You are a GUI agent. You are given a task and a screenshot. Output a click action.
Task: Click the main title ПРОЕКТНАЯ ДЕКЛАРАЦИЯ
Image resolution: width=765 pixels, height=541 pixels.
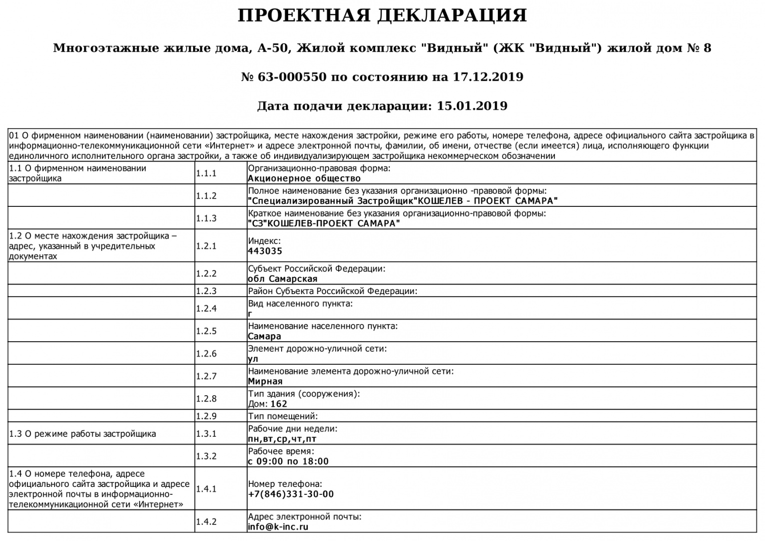coord(382,16)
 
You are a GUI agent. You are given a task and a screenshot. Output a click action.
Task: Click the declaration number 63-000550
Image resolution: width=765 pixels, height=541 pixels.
coord(292,77)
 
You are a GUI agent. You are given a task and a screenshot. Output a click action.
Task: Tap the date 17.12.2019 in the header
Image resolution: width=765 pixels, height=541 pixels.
coord(488,77)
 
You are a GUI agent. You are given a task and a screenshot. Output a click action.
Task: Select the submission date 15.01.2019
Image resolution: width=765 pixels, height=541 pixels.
coord(472,106)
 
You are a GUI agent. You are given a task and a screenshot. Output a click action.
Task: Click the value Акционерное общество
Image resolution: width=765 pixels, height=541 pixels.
coord(304,178)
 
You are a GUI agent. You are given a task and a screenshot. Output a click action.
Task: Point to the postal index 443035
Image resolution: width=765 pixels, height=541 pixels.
coord(265,251)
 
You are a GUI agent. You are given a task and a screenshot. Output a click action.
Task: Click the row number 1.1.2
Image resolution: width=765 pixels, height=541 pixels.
coord(206,196)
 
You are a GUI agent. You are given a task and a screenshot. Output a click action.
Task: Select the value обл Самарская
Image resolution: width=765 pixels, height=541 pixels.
coord(283,279)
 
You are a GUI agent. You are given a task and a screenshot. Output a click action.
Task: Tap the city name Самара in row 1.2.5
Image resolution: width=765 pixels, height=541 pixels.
coord(265,337)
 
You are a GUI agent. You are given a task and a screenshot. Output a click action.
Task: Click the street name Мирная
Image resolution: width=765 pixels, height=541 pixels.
coord(265,382)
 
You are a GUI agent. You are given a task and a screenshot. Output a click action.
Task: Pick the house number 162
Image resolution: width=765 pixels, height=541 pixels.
coord(279,404)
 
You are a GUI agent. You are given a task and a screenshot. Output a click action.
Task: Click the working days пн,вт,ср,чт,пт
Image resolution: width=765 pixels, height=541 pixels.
coord(282,439)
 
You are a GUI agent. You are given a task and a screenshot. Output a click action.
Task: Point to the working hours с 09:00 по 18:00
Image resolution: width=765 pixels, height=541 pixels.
coord(288,461)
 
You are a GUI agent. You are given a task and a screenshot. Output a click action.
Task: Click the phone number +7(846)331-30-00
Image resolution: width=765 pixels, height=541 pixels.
coord(291,494)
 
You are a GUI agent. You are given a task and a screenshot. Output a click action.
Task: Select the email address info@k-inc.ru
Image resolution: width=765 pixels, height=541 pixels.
coord(278,527)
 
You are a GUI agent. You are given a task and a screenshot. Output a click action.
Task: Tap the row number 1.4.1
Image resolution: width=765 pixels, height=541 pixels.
coord(206,489)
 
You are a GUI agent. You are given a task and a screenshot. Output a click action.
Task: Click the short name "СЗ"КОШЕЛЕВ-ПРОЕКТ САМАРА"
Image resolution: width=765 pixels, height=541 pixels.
coord(324,223)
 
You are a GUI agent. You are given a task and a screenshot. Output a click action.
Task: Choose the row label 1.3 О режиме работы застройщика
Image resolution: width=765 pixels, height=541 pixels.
coord(83,434)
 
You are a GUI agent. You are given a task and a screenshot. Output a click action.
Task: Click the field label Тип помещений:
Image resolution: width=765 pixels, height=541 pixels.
coord(283,416)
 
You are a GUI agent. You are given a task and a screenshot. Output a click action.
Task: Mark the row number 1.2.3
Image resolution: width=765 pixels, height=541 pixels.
coord(206,291)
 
